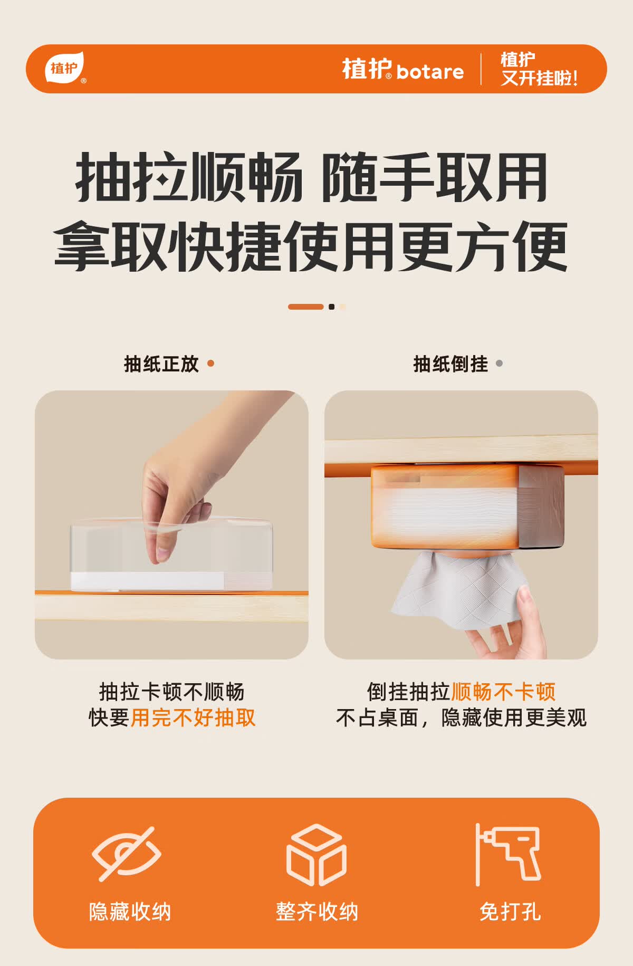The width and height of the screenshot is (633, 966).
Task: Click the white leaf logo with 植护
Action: pyautogui.click(x=65, y=68)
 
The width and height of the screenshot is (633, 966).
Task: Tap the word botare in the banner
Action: pyautogui.click(x=430, y=71)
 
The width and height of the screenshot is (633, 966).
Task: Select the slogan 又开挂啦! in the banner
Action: pyautogui.click(x=539, y=78)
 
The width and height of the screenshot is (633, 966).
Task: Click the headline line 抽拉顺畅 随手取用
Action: pyautogui.click(x=312, y=177)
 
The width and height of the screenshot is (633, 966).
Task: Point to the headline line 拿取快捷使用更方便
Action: pyautogui.click(x=311, y=246)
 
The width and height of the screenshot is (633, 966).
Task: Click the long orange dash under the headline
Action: pyautogui.click(x=306, y=307)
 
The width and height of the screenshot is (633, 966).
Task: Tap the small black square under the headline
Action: pyautogui.click(x=331, y=307)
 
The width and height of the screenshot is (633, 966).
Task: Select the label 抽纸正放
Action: pyautogui.click(x=161, y=364)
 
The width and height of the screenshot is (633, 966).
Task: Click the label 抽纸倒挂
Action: pyautogui.click(x=451, y=364)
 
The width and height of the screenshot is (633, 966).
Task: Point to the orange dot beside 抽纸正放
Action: pyautogui.click(x=211, y=363)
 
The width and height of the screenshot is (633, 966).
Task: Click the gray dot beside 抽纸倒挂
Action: pyautogui.click(x=499, y=363)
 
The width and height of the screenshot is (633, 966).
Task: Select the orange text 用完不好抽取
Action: pyautogui.click(x=193, y=718)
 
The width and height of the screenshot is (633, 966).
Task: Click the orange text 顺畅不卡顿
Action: pyautogui.click(x=503, y=691)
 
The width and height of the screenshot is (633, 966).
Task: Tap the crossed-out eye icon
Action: pyautogui.click(x=127, y=854)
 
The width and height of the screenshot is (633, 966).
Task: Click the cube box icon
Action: pyautogui.click(x=316, y=855)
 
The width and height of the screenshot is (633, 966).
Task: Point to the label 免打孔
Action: pyautogui.click(x=510, y=911)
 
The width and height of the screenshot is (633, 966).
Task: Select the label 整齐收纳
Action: pyautogui.click(x=317, y=911)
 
